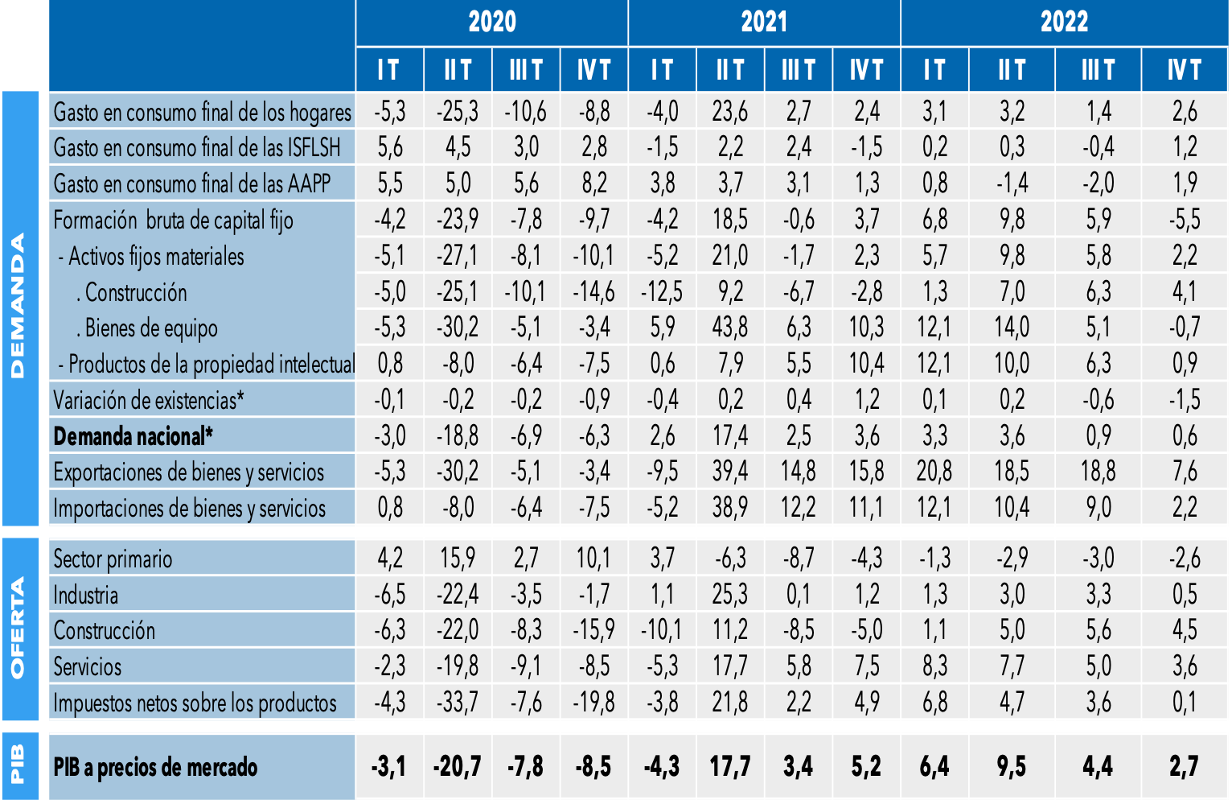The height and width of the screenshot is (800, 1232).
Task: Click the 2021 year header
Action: point(764,22)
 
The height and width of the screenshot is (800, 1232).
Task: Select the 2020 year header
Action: point(491,22)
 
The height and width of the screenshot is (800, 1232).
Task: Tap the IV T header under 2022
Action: point(1184,70)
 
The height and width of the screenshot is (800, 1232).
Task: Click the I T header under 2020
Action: point(389,70)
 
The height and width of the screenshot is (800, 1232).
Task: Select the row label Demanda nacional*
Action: point(133,436)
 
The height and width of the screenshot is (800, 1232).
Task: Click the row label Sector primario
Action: point(113,559)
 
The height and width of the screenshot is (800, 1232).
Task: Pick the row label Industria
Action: point(86,595)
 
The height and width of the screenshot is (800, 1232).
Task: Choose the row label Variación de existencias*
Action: point(149,400)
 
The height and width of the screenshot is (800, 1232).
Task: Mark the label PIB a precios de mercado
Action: point(155,767)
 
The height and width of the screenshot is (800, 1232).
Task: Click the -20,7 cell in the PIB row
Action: point(458,766)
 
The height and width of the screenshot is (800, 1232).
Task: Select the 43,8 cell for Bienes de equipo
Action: point(730,328)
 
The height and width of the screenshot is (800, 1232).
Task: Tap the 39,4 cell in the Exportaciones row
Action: point(730,472)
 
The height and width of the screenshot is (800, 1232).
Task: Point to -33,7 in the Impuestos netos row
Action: point(458,703)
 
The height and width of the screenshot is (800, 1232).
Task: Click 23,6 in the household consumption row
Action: point(730,111)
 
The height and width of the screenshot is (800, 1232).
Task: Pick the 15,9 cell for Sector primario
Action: point(458,559)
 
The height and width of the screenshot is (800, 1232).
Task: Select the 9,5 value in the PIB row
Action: point(1012,766)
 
